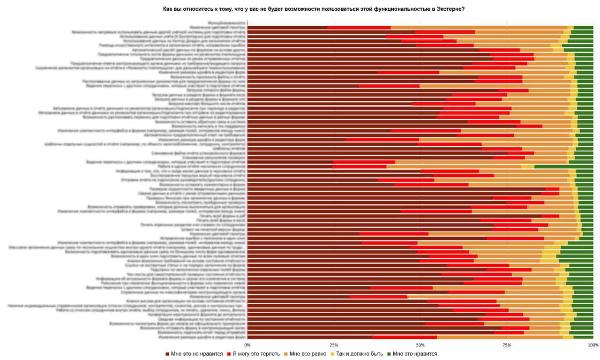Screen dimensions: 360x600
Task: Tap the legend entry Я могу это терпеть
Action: tap(253, 353)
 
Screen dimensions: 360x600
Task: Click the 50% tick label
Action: tap(420, 345)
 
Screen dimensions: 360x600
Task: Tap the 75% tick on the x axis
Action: tap(507, 345)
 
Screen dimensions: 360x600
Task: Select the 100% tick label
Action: tap(592, 345)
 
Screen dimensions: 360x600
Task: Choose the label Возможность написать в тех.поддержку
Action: tap(208, 126)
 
